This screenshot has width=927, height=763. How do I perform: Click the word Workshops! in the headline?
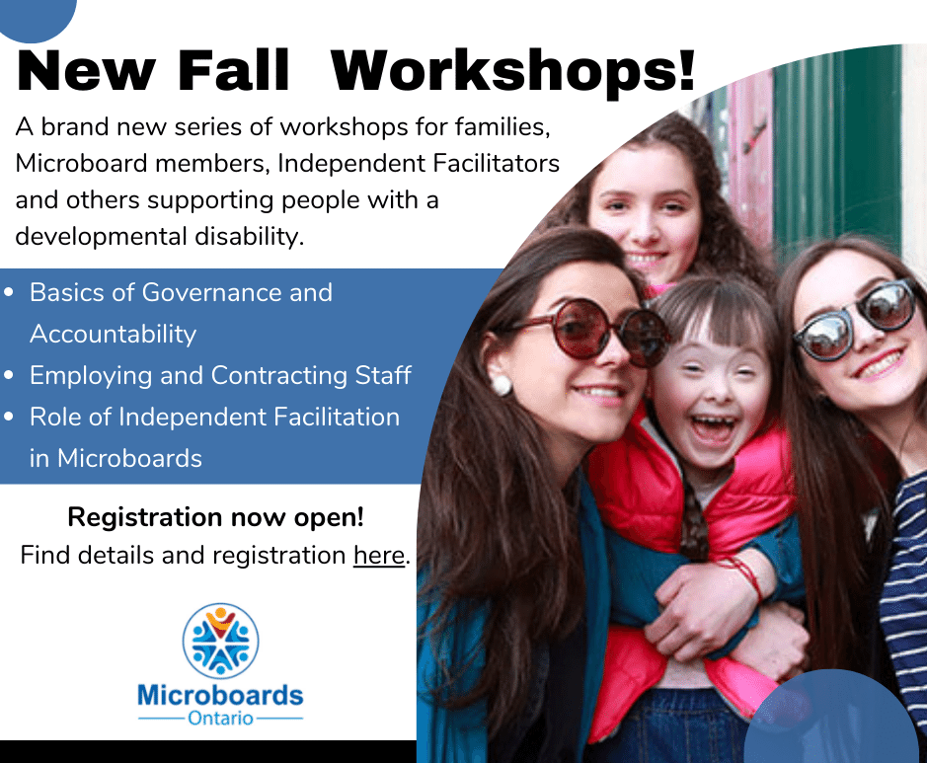point(512,70)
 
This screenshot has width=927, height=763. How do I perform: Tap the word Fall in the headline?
point(232,70)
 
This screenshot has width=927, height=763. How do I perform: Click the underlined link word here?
point(379,555)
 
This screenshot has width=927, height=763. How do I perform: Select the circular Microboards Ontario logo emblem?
point(220,641)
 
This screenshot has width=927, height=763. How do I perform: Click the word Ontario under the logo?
point(220,719)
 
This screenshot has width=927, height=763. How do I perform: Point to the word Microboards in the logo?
point(220,695)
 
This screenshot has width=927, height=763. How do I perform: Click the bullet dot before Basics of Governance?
point(8,292)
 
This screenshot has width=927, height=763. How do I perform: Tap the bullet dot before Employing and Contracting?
point(8,375)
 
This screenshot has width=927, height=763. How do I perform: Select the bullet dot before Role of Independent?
point(8,417)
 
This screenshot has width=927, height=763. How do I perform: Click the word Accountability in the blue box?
point(113,335)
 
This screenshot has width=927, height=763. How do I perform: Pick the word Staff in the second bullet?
point(383,375)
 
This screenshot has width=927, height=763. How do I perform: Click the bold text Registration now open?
point(216,517)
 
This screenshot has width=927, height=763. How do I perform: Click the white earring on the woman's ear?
point(501,384)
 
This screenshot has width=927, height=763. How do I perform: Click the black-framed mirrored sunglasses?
point(856,320)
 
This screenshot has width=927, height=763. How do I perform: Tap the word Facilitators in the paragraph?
point(496,163)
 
